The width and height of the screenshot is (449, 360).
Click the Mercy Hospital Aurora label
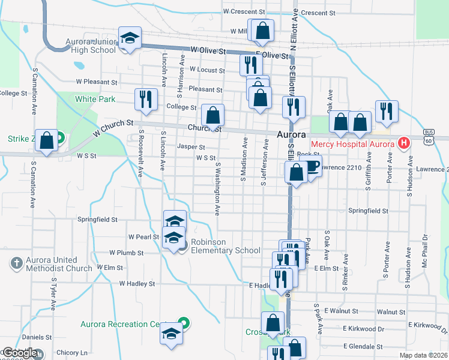pos(353,144)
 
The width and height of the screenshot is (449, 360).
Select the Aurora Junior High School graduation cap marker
pos(129,40)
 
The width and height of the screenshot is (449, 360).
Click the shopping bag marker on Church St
pos(212,116)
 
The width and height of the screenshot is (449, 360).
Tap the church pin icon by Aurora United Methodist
pos(16,263)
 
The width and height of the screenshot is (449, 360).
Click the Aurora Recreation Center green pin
pos(185,324)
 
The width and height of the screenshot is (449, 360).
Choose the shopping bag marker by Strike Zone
pos(46,141)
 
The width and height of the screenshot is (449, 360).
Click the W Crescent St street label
pos(244,11)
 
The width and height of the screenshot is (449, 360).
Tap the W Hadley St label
pos(137,283)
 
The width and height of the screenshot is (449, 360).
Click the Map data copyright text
pos(424,355)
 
